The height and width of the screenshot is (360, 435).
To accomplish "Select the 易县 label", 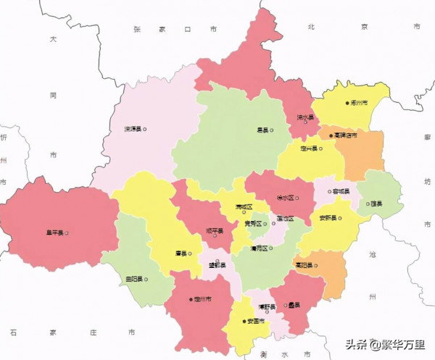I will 262,130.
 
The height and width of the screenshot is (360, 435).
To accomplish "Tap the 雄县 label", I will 374,204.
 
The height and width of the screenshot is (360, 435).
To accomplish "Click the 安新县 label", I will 328,217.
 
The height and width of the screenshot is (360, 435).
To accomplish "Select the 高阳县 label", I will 304,266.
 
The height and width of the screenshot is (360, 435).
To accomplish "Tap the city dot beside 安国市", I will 242,321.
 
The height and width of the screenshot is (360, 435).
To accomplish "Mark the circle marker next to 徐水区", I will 297,197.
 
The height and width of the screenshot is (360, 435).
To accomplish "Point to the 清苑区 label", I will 259,248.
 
